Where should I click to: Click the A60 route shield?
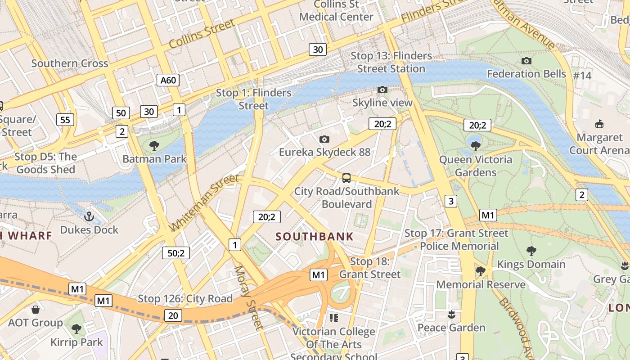(168, 80)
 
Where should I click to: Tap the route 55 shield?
(65, 120)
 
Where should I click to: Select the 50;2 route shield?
(176, 253)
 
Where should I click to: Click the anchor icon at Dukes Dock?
(89, 216)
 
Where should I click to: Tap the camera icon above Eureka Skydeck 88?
(324, 139)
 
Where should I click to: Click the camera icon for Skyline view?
(382, 90)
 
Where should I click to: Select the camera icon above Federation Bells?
(526, 61)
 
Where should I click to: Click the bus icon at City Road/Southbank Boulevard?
(346, 178)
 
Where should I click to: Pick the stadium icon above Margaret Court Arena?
(599, 124)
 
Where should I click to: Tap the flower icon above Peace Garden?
(451, 314)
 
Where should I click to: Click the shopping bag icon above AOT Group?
(36, 310)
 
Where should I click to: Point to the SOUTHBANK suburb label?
(315, 237)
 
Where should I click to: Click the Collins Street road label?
(202, 35)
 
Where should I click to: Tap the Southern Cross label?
(70, 63)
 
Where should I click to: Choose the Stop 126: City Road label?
(185, 298)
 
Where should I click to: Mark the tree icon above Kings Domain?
(531, 251)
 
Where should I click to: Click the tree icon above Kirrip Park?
(76, 329)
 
